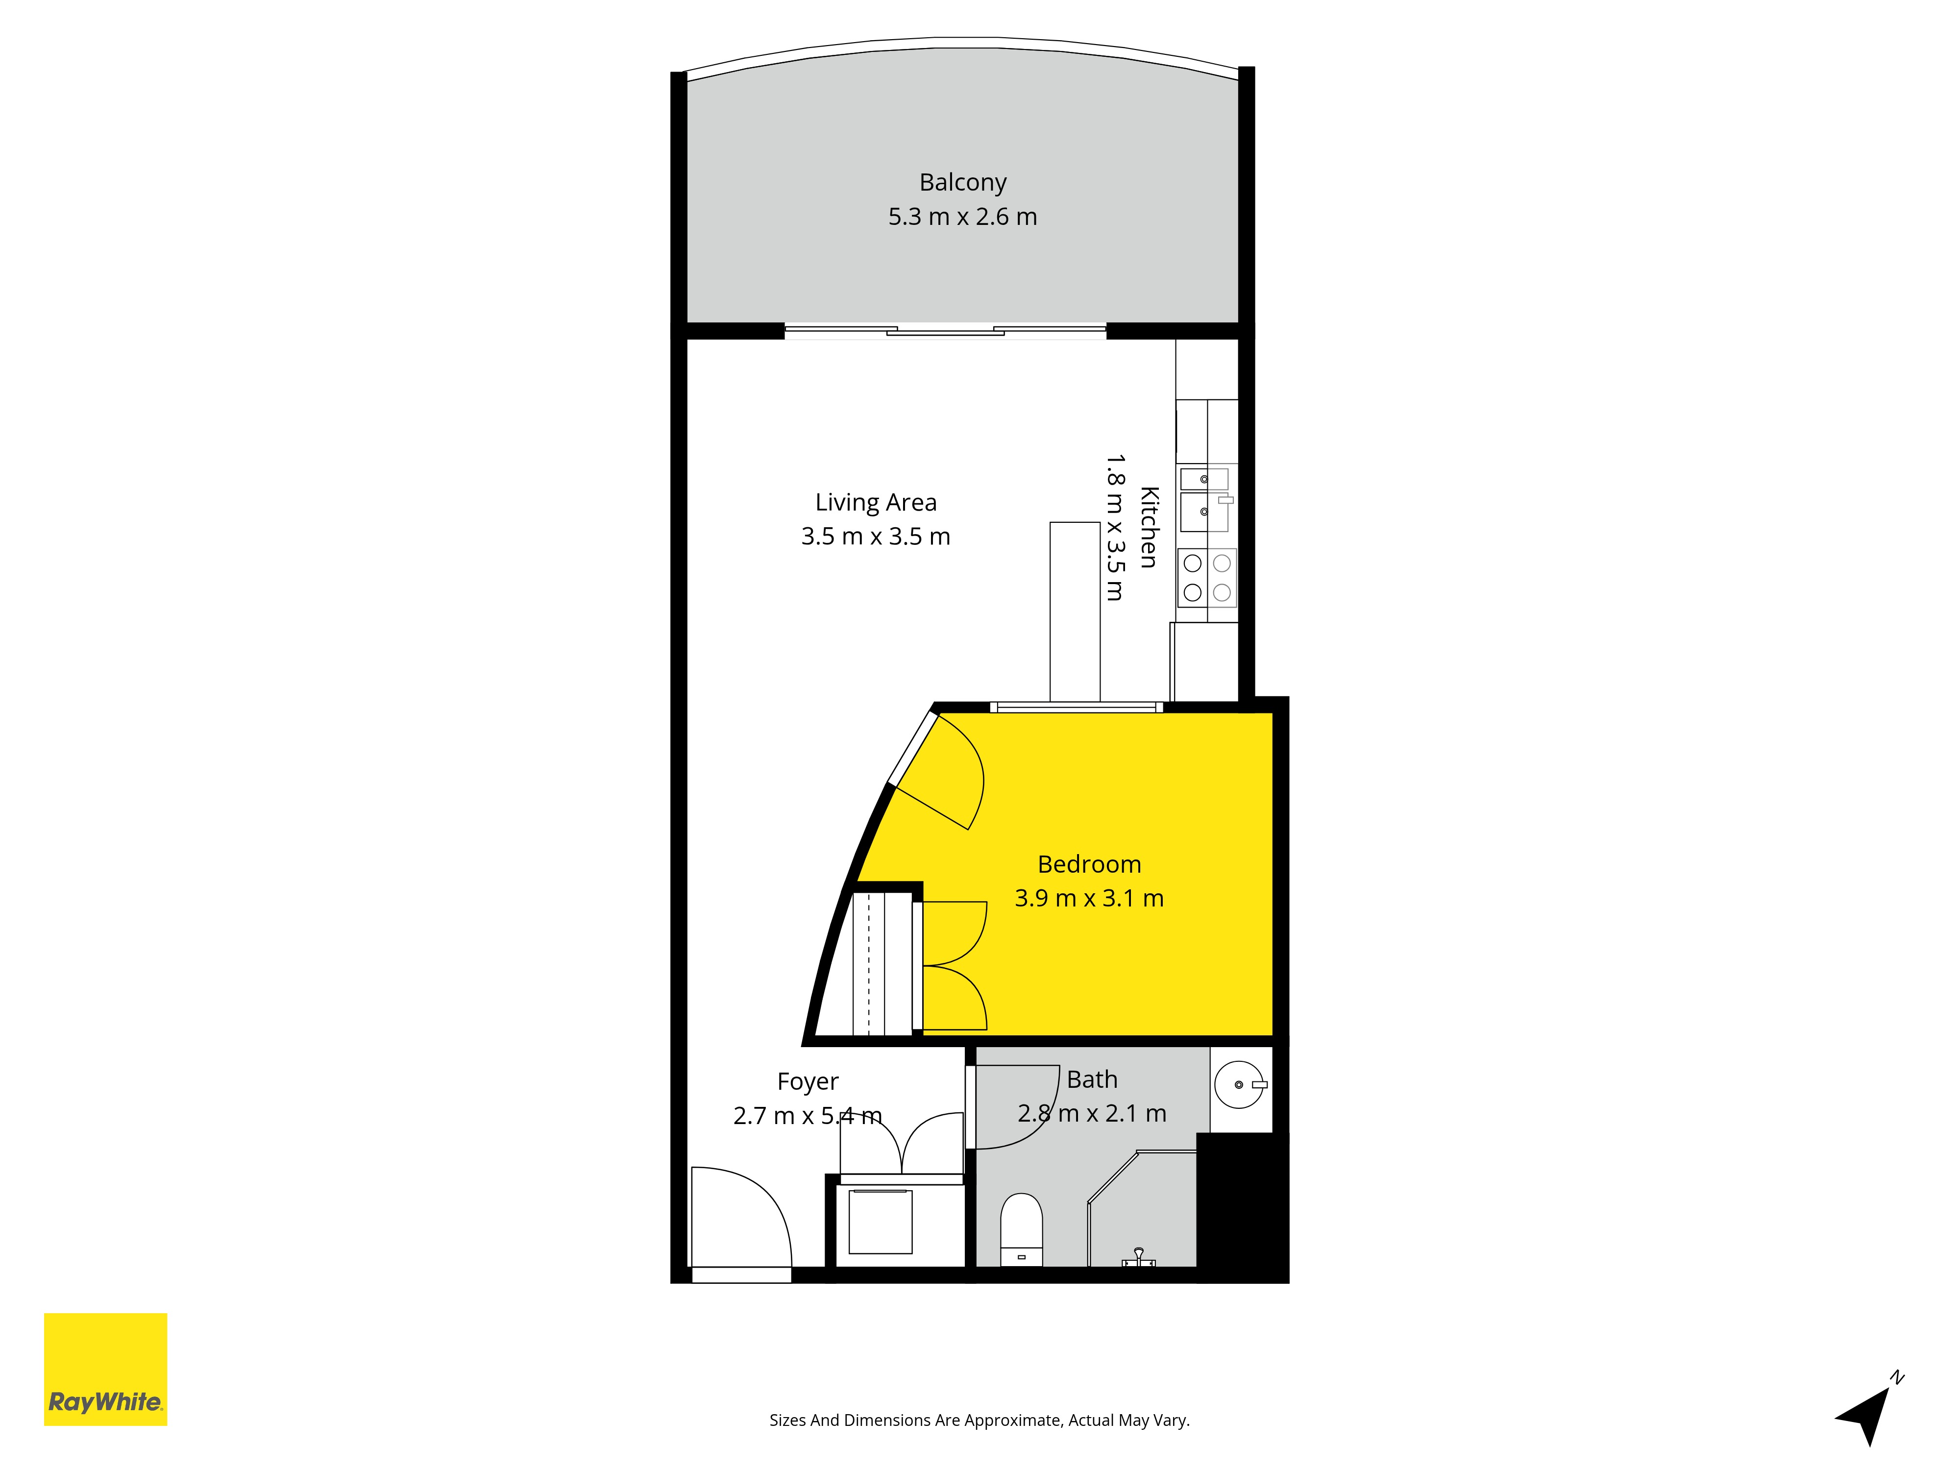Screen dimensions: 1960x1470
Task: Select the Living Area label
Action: coord(876,502)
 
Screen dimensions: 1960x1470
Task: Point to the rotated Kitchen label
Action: coord(1149,527)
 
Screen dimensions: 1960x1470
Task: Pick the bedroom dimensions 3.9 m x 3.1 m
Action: coord(1089,899)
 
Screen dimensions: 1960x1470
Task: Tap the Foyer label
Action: coord(807,1082)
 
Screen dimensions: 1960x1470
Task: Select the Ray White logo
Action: coord(105,1369)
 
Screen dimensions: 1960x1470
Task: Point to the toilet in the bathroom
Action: coord(1021,1230)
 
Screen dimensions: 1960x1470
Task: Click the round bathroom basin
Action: coord(1239,1084)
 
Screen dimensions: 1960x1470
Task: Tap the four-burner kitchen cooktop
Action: coord(1207,578)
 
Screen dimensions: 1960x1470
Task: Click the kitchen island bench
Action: coord(1075,612)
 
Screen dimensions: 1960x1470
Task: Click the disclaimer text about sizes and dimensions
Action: coord(979,1421)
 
